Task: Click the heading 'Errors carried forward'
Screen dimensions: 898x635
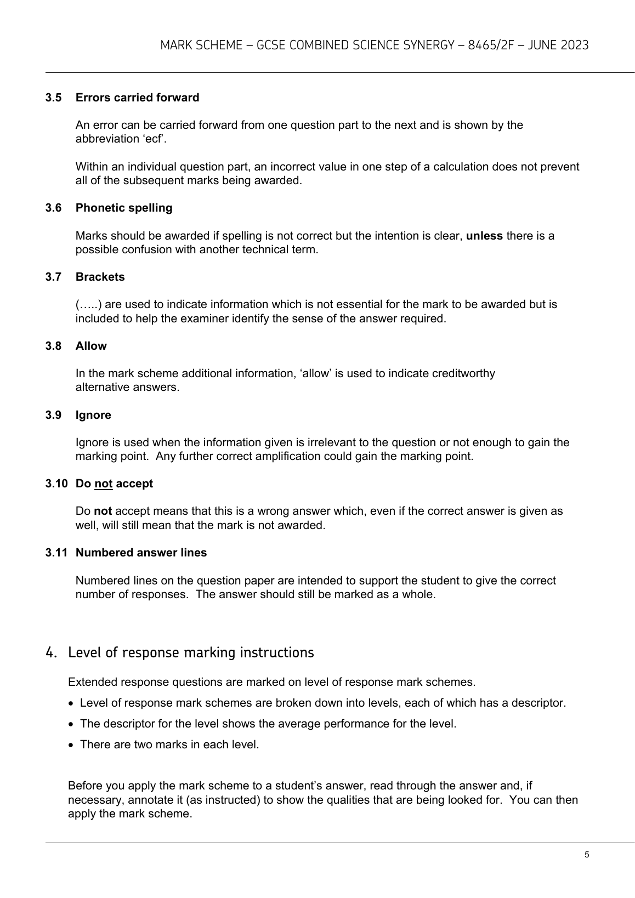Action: tap(137, 98)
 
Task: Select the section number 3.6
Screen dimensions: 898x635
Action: tap(53, 208)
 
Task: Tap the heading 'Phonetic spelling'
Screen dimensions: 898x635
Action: tap(124, 208)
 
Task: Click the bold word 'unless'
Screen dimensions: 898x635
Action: tap(484, 236)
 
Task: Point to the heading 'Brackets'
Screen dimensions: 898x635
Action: tap(100, 277)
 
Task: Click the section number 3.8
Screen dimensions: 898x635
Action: tap(53, 346)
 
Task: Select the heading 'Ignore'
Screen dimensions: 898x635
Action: tap(93, 415)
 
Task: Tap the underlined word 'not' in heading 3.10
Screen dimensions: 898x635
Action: tap(103, 484)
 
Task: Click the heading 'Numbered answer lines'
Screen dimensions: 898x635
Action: tap(141, 553)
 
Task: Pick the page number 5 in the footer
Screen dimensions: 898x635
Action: tap(587, 855)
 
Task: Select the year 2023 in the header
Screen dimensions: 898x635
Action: tap(574, 45)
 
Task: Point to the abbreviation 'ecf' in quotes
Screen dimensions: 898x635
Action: tap(156, 139)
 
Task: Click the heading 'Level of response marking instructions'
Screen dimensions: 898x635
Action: tap(191, 652)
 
